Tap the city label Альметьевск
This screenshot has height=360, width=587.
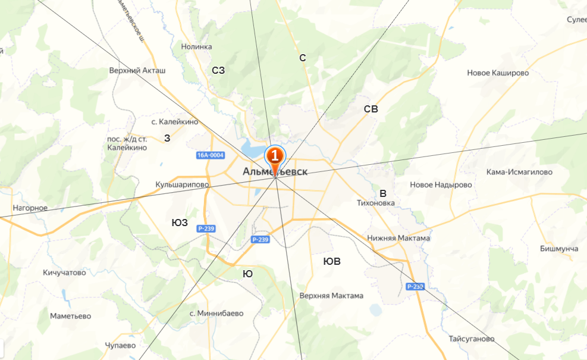[x=275, y=172]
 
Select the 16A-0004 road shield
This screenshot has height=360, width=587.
[x=211, y=155]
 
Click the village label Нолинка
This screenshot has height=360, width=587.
[x=196, y=46]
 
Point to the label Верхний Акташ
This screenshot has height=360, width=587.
[x=137, y=70]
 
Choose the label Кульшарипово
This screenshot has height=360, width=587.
[x=181, y=184]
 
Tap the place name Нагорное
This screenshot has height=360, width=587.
[x=30, y=208]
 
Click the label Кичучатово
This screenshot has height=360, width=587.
[x=64, y=273]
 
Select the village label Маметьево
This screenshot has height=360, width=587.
[x=70, y=315]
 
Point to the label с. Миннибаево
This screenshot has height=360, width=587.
[x=216, y=313]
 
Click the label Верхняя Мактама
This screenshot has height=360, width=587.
[x=331, y=296]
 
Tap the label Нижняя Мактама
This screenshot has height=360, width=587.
[x=398, y=238]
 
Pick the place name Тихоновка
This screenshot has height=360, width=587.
[x=375, y=203]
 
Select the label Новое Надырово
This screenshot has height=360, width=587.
[x=441, y=184]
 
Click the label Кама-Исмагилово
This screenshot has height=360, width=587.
[x=519, y=172]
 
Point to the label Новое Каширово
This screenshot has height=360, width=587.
[x=498, y=73]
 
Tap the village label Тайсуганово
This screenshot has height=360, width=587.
[x=472, y=339]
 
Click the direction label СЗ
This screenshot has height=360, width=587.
[x=218, y=70]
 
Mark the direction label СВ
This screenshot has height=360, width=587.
[x=371, y=109]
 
